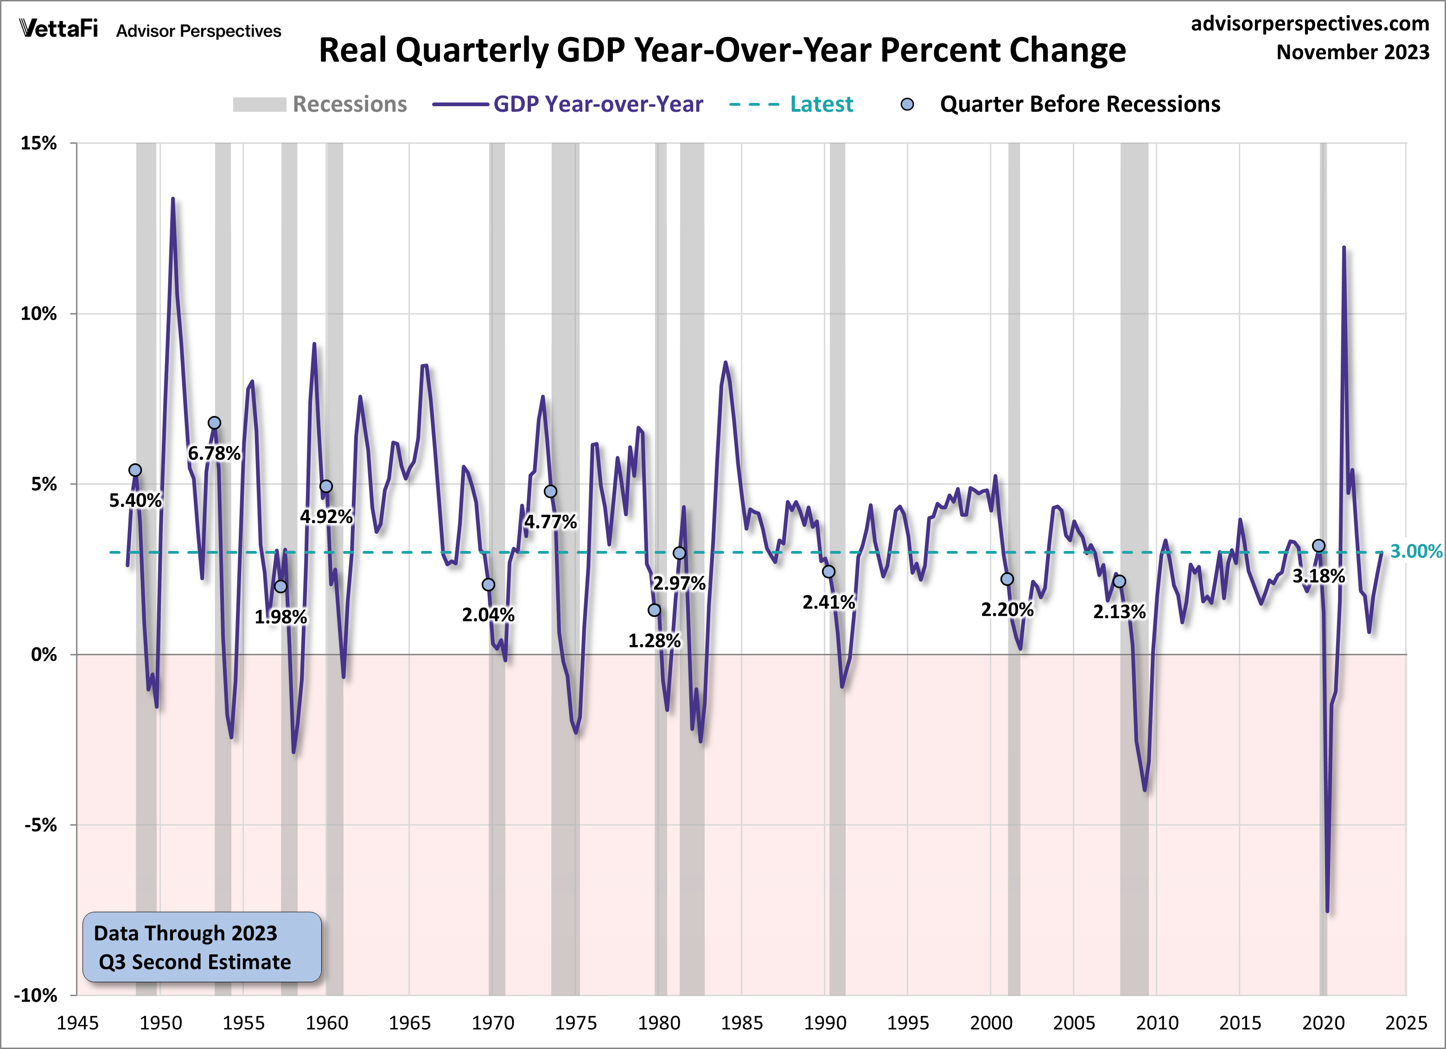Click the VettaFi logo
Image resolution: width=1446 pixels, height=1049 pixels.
[x=59, y=29]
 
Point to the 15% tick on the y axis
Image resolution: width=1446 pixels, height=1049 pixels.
[x=39, y=143]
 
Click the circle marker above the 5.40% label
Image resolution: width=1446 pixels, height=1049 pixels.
[x=135, y=470]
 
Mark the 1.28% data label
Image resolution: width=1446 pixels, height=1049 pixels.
[x=654, y=640]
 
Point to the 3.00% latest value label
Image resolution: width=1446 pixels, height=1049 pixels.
[x=1415, y=551]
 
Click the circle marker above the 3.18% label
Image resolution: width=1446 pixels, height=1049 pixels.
[x=1319, y=546]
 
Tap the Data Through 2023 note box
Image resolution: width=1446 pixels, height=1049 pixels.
[x=202, y=947]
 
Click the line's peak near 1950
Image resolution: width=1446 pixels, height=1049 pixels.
[x=172, y=199]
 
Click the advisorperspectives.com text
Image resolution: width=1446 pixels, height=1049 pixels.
[x=1310, y=24]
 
